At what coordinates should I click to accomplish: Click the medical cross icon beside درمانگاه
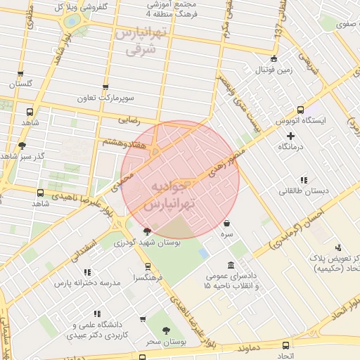point(291,135)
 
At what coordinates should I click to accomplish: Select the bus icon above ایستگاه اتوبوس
point(300,110)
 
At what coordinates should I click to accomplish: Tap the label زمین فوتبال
point(274,70)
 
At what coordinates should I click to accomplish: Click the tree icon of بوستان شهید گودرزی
point(147,231)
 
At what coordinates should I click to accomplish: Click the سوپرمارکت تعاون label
point(105,98)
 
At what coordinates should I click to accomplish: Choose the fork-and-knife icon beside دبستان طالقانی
point(303,180)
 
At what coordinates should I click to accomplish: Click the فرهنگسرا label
point(148,278)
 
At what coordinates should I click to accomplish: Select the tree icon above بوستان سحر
point(166,330)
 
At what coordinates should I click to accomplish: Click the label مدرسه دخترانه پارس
point(87,283)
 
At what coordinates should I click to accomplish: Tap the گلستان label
point(20,84)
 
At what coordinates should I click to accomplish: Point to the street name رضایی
point(129,121)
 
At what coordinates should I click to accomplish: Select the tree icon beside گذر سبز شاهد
point(22,146)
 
